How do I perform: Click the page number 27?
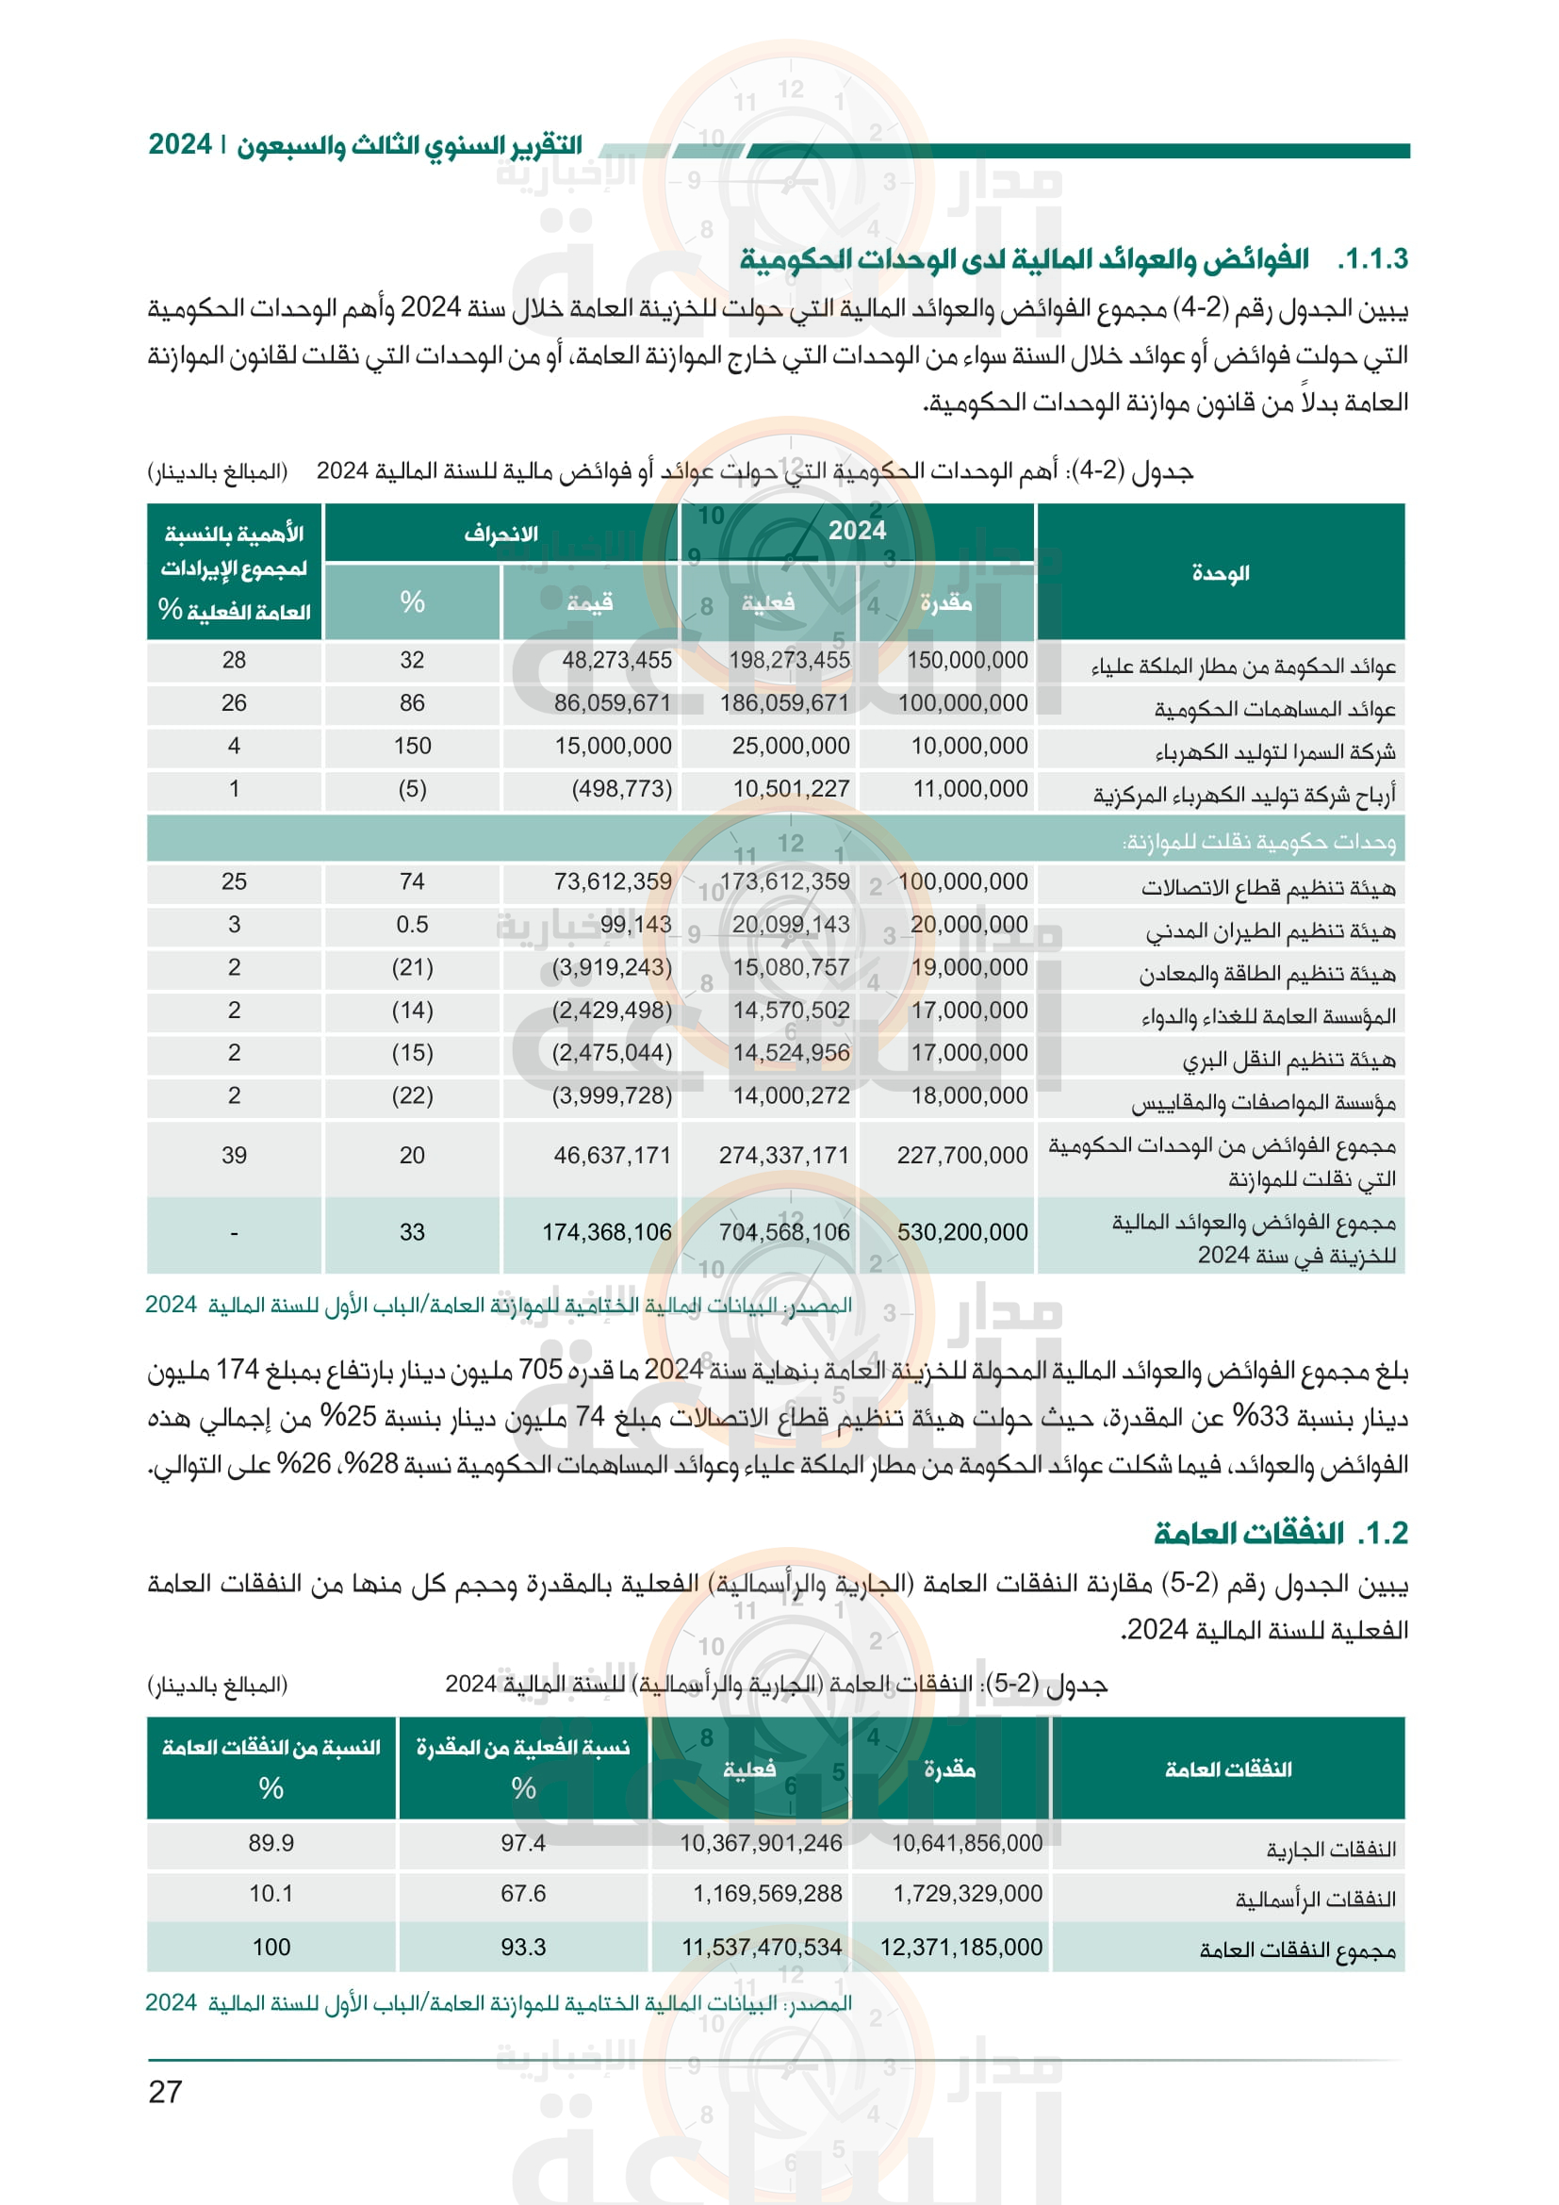[x=165, y=2091]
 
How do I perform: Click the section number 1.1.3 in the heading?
[x=1371, y=258]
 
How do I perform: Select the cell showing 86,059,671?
[x=612, y=703]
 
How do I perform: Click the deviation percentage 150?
[x=412, y=747]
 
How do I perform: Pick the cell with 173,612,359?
[x=784, y=881]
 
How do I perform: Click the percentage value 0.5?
[x=412, y=925]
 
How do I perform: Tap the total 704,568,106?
[x=784, y=1232]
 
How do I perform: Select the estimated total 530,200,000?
[x=962, y=1232]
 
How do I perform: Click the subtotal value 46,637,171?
[x=612, y=1156]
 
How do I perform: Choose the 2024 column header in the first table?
[x=857, y=531]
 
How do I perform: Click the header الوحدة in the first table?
[x=1220, y=573]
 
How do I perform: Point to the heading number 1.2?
[x=1383, y=1534]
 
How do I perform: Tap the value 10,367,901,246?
[x=761, y=1843]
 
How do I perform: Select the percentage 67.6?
[x=522, y=1894]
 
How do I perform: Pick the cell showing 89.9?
[x=271, y=1843]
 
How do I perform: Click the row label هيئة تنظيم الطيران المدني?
[x=1270, y=930]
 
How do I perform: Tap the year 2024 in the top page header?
[x=179, y=145]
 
